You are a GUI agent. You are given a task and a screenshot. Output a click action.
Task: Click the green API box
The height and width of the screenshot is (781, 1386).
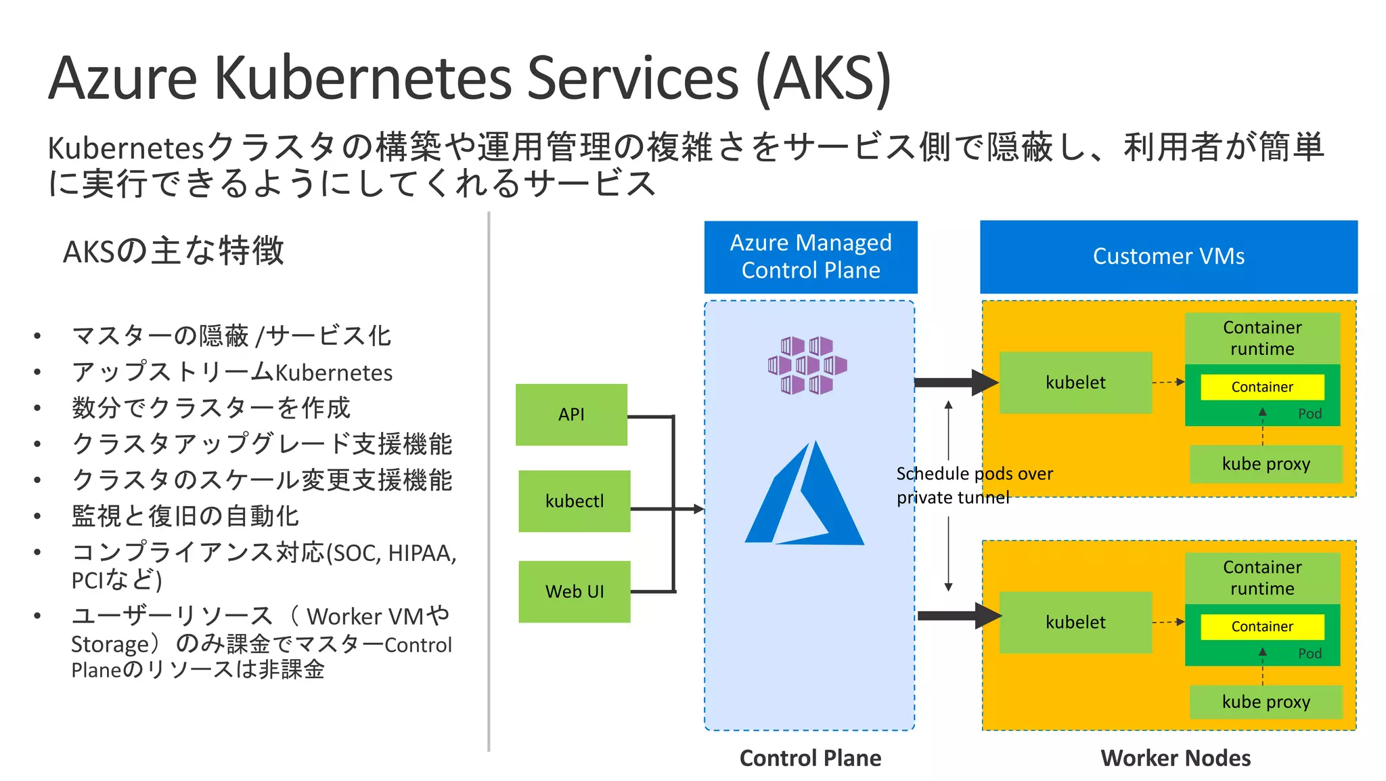571,415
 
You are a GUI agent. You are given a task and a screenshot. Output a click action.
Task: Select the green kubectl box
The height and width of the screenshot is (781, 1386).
574,501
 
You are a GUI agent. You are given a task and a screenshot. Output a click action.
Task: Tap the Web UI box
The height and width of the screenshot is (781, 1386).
574,591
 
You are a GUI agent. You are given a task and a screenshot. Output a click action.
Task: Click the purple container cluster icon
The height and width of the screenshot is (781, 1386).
807,365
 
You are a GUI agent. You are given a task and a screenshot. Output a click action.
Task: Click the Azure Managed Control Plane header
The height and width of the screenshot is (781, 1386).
810,257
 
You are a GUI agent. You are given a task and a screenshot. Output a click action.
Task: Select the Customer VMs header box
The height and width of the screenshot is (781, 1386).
1168,257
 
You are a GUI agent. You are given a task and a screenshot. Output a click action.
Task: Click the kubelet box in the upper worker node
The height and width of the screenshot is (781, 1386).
1075,383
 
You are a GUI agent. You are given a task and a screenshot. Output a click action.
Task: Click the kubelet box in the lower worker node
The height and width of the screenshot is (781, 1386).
1075,622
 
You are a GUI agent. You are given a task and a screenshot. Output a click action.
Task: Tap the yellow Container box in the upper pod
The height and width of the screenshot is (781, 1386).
1261,387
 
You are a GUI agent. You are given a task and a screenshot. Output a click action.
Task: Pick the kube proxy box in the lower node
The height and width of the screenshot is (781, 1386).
1266,702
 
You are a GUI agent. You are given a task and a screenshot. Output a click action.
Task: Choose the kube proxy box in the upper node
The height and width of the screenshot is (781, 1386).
1266,464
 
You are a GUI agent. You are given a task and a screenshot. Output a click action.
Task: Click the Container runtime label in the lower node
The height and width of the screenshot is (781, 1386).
1261,578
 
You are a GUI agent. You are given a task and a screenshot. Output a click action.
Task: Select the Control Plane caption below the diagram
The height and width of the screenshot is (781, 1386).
810,758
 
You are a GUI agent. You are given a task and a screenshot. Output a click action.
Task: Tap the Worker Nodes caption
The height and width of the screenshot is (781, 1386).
1175,758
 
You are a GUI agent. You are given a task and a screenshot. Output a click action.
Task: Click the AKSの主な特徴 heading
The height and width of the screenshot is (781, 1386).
173,251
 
